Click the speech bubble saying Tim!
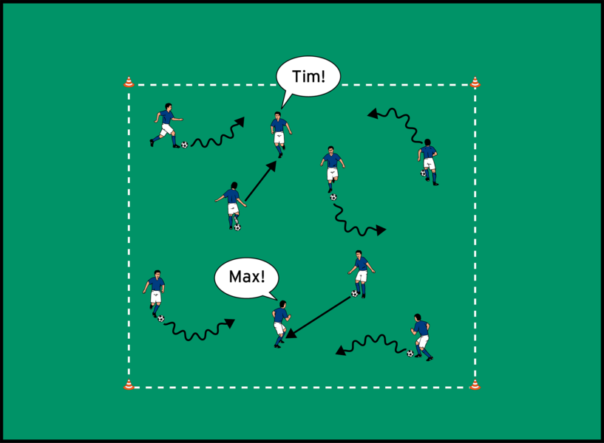308,77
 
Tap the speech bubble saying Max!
246,278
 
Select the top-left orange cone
129,82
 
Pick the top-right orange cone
475,82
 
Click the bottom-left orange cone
129,385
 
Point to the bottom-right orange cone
475,385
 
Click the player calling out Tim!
280,134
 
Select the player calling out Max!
281,324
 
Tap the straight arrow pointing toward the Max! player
318,317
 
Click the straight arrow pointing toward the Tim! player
261,181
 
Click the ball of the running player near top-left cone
185,145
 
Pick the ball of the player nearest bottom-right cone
410,354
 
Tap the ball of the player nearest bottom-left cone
161,318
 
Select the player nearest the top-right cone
428,162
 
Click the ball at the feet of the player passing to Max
354,294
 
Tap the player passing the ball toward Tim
231,206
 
